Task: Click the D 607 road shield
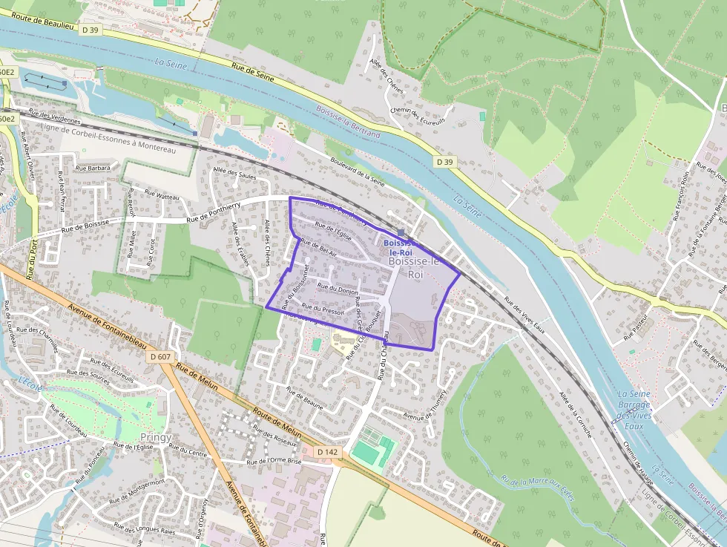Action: (x=160, y=357)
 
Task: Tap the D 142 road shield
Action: (x=327, y=451)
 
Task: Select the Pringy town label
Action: (x=156, y=437)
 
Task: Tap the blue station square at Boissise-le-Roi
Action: (x=401, y=232)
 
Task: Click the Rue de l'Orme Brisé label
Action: (x=274, y=461)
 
